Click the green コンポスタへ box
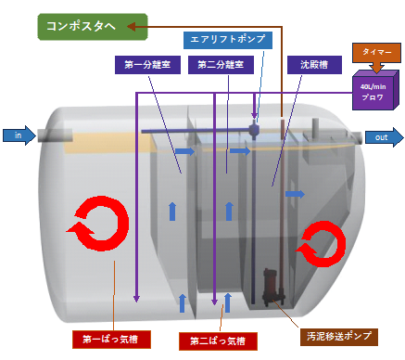[x=93, y=27]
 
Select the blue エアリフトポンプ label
[x=228, y=40]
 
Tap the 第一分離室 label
[x=147, y=65]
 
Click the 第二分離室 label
[x=221, y=65]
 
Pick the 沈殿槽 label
[x=314, y=65]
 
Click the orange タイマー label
[x=376, y=52]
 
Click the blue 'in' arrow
[x=19, y=135]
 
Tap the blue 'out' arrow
[x=385, y=137]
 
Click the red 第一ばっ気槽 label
[x=111, y=340]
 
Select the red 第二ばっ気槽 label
[x=218, y=341]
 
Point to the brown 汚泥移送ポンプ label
[x=339, y=337]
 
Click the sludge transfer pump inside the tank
[x=273, y=287]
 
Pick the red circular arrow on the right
[x=336, y=243]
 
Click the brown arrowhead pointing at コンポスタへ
[x=132, y=27]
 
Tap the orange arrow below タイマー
[x=376, y=67]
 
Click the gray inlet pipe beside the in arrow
[x=55, y=135]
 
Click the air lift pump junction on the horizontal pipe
[x=254, y=129]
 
